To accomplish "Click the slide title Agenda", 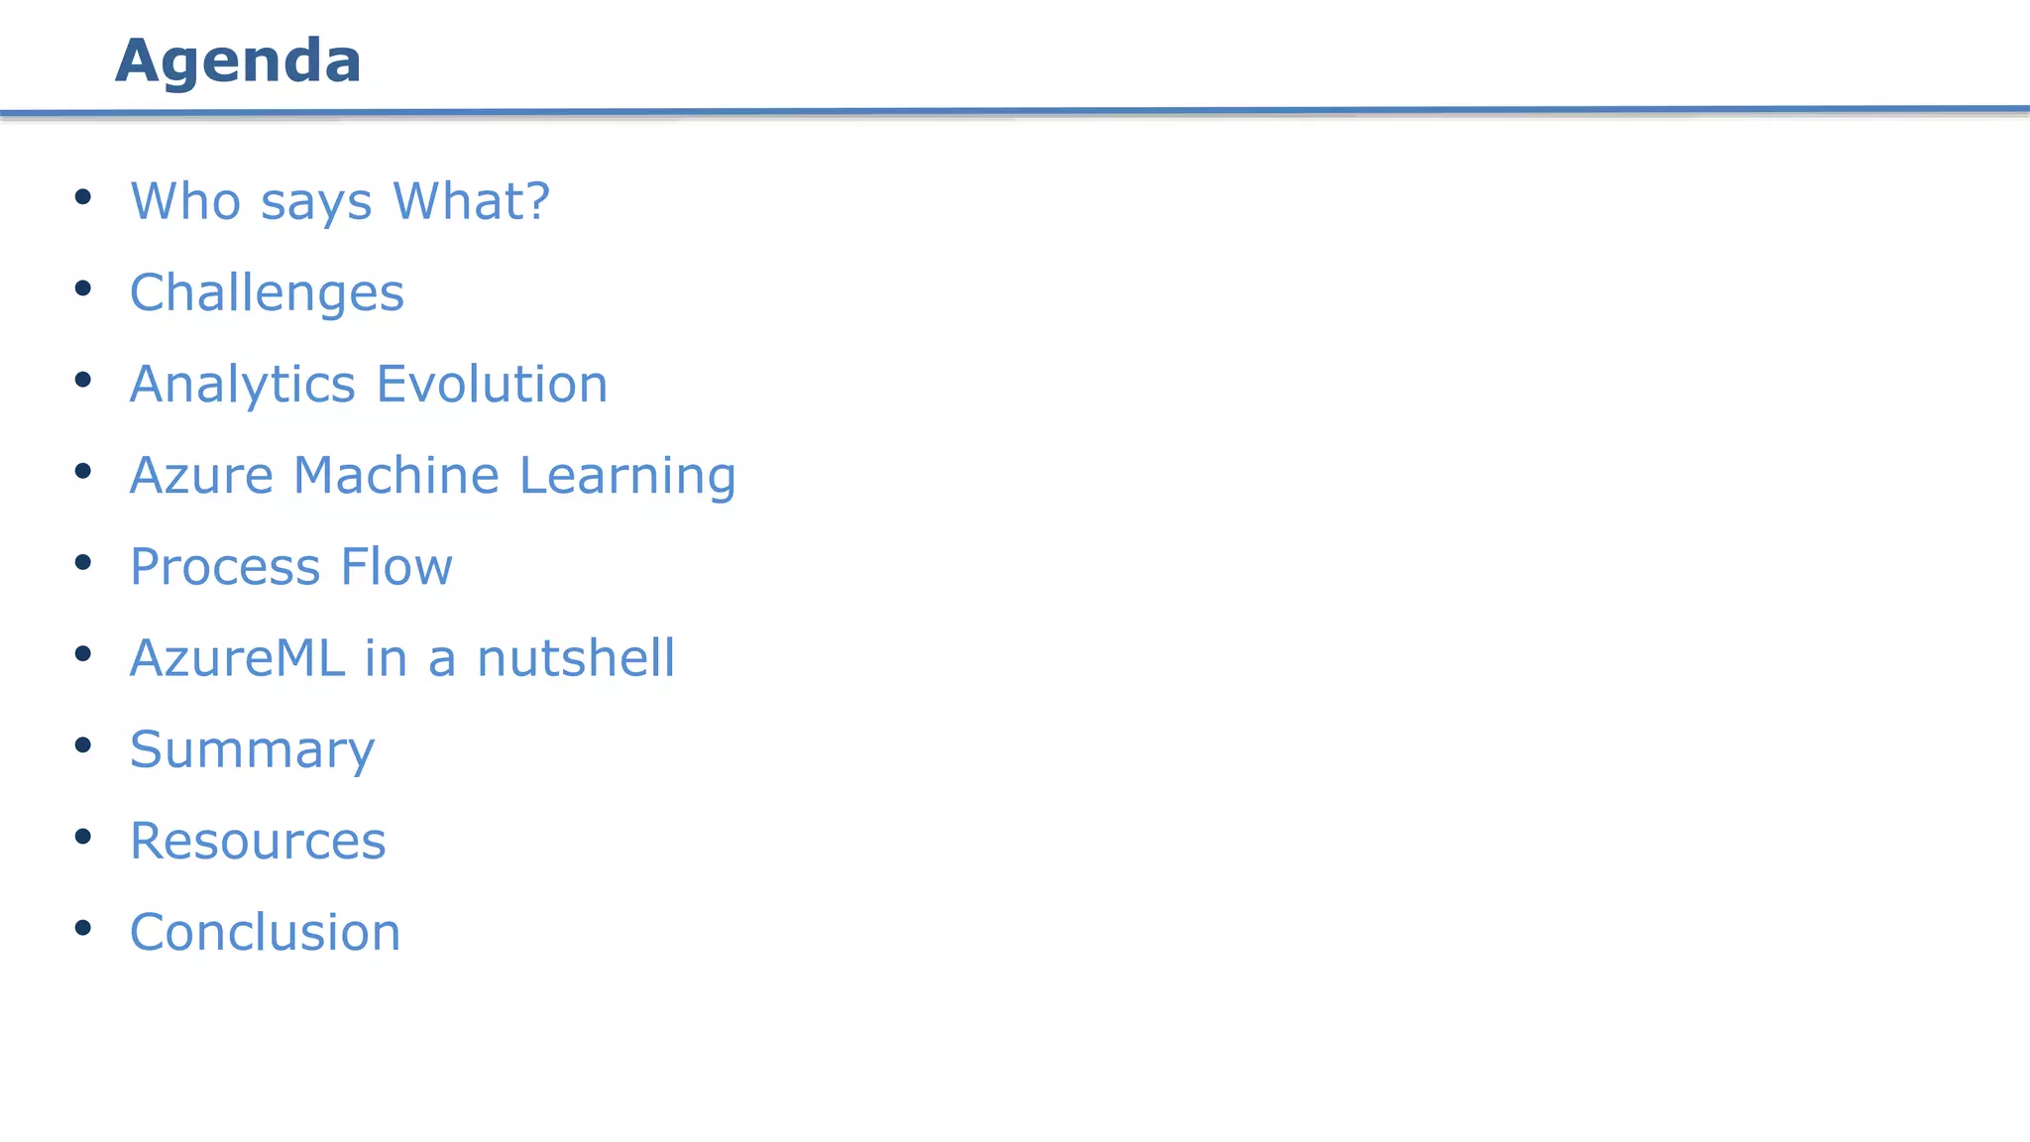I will (x=238, y=61).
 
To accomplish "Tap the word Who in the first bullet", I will (x=186, y=201).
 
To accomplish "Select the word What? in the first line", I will (x=471, y=201).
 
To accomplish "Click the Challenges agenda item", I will (x=267, y=293).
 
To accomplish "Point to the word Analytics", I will (x=242, y=385).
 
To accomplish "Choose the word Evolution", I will (x=492, y=385).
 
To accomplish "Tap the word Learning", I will (x=627, y=476).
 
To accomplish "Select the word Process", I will (x=225, y=567).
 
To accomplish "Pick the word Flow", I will (x=396, y=567).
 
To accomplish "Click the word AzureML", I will (x=237, y=658).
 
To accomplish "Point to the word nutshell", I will (x=576, y=658).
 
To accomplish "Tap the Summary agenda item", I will (x=252, y=750).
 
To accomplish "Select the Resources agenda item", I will (x=258, y=842).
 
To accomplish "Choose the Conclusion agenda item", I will (x=265, y=933).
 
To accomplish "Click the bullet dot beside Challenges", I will (x=83, y=288).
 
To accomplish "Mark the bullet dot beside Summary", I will (x=83, y=744).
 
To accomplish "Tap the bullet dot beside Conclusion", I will (x=83, y=928).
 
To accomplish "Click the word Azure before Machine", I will (x=201, y=476).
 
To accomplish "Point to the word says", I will (x=316, y=203).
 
